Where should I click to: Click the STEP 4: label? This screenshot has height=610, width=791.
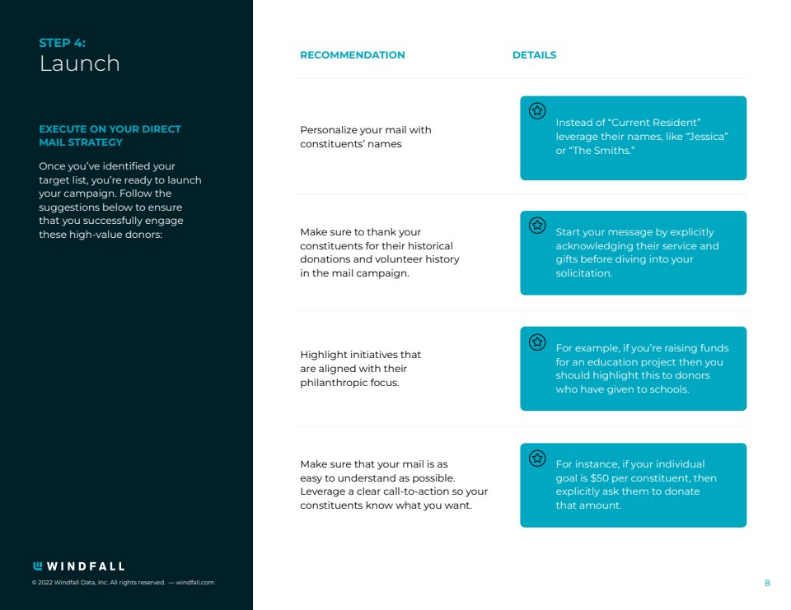(62, 43)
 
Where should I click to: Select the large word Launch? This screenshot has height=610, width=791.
(80, 64)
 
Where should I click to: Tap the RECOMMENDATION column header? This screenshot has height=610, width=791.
(352, 55)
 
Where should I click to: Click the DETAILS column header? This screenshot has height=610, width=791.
(534, 55)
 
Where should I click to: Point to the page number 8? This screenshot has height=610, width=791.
(767, 583)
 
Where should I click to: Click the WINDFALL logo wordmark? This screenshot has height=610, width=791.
(79, 566)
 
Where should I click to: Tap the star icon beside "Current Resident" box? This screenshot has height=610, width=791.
(537, 110)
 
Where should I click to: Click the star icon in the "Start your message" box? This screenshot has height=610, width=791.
(537, 225)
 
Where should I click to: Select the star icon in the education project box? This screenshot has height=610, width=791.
(537, 341)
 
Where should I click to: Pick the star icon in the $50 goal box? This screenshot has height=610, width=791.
(537, 458)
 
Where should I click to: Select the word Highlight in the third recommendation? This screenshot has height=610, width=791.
(323, 355)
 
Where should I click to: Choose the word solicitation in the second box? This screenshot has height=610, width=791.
(583, 273)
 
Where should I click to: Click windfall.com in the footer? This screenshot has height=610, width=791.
(195, 583)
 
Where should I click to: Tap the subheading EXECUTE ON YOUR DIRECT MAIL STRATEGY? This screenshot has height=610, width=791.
(110, 136)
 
